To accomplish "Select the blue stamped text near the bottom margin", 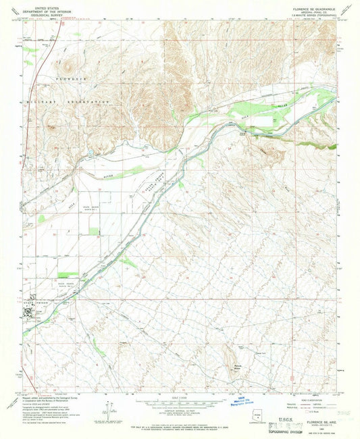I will [x=256, y=399].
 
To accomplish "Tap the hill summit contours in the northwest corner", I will [x=68, y=65].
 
